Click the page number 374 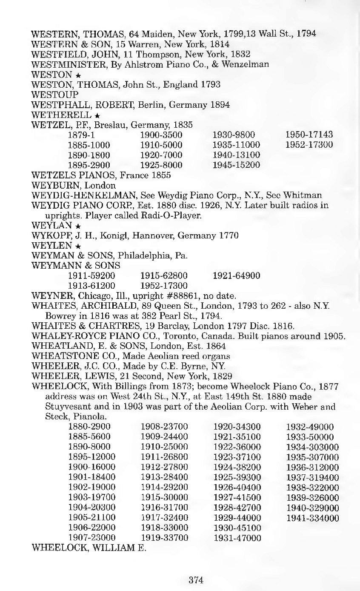196,580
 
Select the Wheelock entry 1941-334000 312,518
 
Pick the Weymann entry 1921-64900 236,275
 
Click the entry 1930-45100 237,528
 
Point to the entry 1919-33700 164,538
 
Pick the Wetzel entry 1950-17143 309,135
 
